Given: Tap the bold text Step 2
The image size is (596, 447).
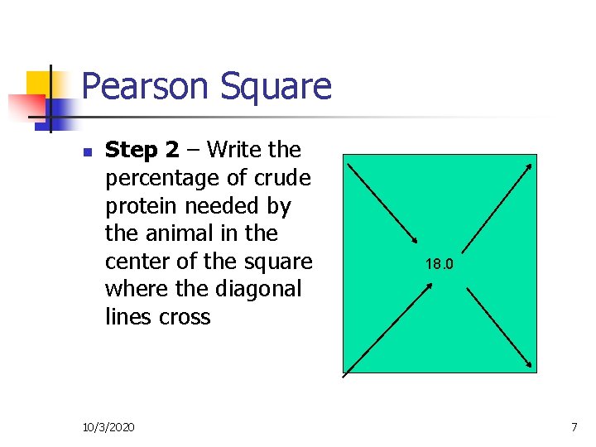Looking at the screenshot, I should point(142,150).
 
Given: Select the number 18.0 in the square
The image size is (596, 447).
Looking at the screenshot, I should point(440,265).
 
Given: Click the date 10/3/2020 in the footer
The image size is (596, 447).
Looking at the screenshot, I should point(109,426).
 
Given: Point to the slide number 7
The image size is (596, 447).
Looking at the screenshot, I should point(574,426).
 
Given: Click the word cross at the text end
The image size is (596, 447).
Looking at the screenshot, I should point(187,317).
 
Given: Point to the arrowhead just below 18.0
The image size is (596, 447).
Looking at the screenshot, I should point(429,285).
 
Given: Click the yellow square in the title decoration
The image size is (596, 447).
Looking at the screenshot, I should point(40,84).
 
